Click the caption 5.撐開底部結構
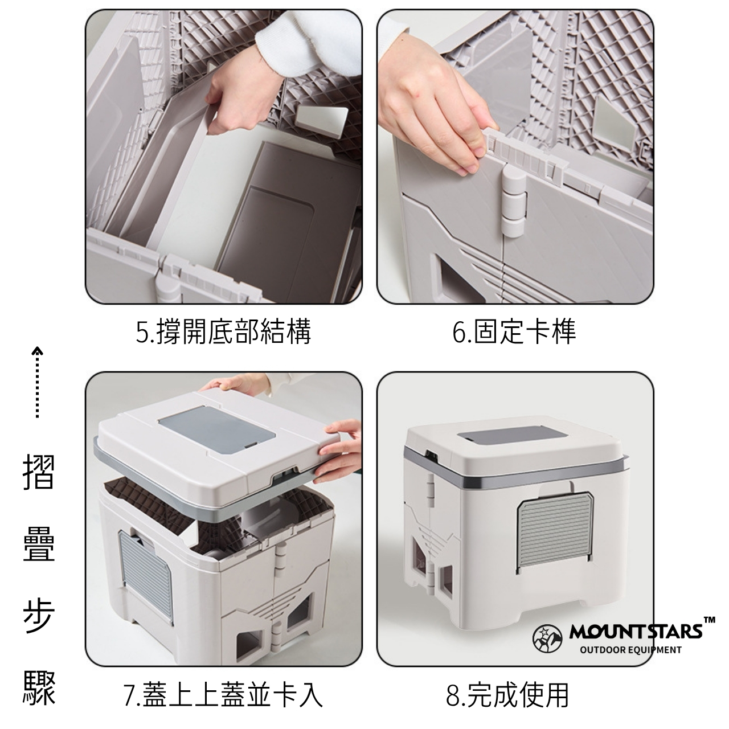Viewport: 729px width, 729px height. (x=223, y=332)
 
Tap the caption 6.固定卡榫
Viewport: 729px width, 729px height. (x=514, y=332)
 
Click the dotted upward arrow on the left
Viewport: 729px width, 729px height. (x=36, y=382)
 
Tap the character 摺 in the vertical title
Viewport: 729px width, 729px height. (x=39, y=472)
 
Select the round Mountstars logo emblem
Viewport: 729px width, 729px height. (x=547, y=639)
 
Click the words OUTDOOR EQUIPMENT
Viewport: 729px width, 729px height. (x=630, y=650)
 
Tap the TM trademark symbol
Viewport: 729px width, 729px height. (x=709, y=620)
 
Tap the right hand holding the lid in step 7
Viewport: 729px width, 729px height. (x=338, y=452)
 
